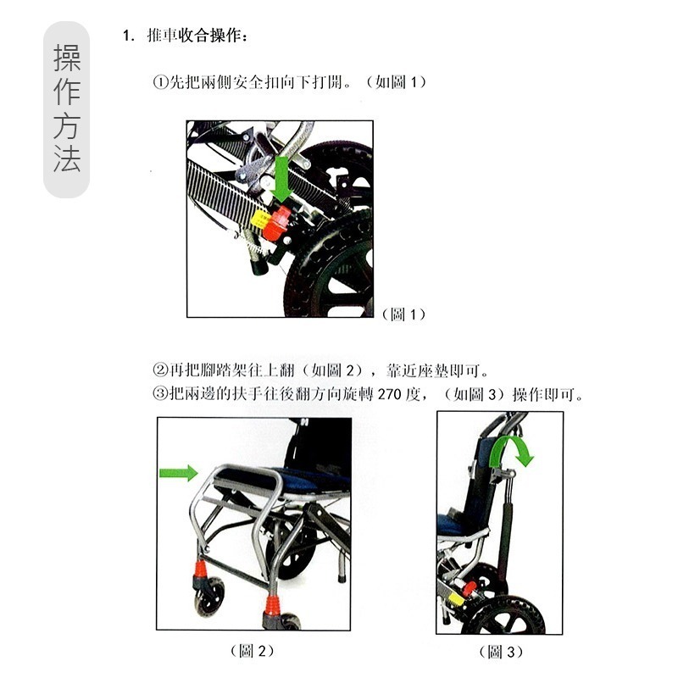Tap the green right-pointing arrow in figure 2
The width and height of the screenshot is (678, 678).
(x=178, y=472)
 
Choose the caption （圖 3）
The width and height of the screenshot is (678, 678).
(x=501, y=652)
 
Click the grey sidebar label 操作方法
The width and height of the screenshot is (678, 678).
(x=67, y=109)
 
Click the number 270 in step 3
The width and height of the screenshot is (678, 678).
(x=389, y=394)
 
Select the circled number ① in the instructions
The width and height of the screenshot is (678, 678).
(x=159, y=83)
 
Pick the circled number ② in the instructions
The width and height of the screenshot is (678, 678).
(x=159, y=370)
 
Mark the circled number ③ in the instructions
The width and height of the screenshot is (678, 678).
(x=159, y=394)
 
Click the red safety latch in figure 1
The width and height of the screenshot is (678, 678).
(x=278, y=224)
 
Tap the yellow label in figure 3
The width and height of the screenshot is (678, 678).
(x=456, y=597)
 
